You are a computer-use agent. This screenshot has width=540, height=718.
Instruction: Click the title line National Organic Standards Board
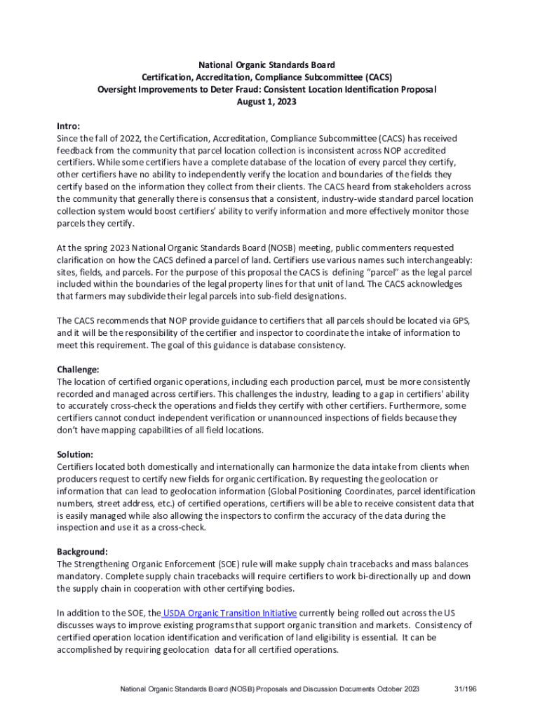click(x=266, y=65)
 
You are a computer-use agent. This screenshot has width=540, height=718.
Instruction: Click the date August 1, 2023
click(x=266, y=102)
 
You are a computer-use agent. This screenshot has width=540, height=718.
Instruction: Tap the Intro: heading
click(x=68, y=126)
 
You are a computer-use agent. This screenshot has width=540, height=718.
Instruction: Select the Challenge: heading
click(x=78, y=369)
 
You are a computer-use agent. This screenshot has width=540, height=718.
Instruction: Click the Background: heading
click(x=82, y=552)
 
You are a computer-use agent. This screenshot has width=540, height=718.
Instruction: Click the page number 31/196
click(x=465, y=690)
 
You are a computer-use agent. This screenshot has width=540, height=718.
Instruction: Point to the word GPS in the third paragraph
click(x=458, y=320)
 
